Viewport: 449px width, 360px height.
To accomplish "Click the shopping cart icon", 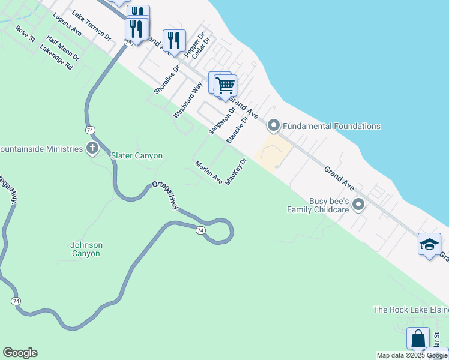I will point(225,85).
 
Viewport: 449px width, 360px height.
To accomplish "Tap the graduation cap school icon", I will point(429,244).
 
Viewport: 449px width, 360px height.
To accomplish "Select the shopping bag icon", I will point(418,338).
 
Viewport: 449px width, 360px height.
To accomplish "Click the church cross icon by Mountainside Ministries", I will point(92,148).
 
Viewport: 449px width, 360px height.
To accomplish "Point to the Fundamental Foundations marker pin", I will point(274,126).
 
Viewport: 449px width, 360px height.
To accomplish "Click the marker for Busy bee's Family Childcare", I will point(358,205).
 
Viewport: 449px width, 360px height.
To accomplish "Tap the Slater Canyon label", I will point(137,156).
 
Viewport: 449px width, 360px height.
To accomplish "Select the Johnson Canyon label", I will point(86,249).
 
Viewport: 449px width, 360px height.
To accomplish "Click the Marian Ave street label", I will point(208,172).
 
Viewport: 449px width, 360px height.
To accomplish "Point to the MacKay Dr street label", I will point(236,172).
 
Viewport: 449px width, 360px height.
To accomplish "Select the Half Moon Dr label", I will point(63,49).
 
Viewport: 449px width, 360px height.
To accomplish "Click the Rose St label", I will point(26,34).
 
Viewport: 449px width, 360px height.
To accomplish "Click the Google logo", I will point(20,353).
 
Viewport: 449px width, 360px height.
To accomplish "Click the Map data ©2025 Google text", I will point(412,355).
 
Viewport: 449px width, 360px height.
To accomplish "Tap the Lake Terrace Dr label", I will point(91,26).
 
